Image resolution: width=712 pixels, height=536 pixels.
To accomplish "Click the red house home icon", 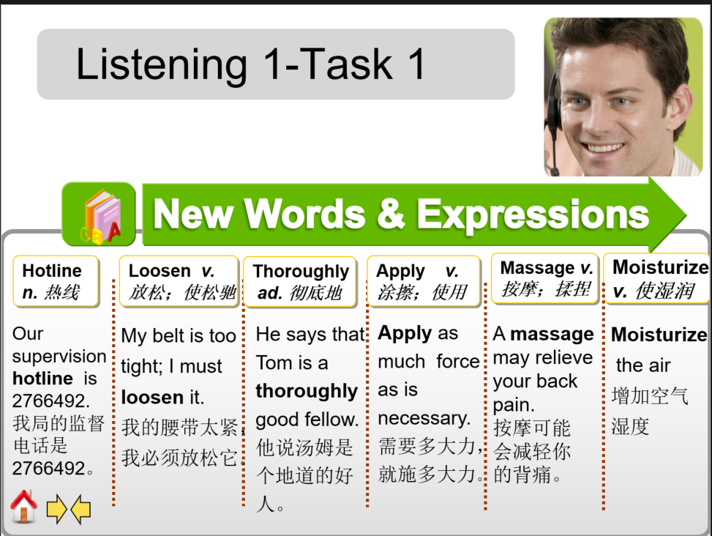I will [x=24, y=506].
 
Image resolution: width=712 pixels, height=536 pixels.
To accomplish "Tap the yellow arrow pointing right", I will [x=56, y=509].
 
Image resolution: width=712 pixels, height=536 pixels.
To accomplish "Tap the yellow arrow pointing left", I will [x=80, y=509].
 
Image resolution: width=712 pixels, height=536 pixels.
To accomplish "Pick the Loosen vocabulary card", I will [x=179, y=281].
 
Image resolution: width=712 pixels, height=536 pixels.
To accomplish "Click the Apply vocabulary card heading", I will [x=423, y=281].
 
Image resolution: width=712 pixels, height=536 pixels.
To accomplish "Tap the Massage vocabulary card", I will [x=545, y=278].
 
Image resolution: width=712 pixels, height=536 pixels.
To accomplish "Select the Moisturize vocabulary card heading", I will [x=658, y=279].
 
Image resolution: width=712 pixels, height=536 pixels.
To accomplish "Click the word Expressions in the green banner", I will [x=533, y=215].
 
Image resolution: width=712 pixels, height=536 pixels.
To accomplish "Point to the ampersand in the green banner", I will [x=391, y=215].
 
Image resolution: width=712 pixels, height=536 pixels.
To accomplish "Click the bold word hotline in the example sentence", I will [x=43, y=379].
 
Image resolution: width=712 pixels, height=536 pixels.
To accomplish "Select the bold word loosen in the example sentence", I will [x=152, y=397].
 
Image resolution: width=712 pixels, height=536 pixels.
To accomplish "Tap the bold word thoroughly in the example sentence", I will [x=307, y=391].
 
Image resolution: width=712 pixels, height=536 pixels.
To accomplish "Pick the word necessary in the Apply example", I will [x=424, y=418].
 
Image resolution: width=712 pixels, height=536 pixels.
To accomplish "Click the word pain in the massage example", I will [x=514, y=404].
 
